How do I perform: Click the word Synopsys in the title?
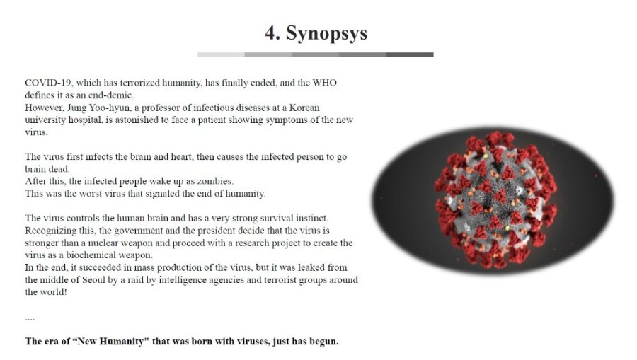pyautogui.click(x=326, y=34)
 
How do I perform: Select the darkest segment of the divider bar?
pyautogui.click(x=410, y=54)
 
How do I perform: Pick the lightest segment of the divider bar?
pyautogui.click(x=221, y=54)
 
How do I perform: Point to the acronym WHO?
pyautogui.click(x=324, y=83)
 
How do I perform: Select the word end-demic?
pyautogui.click(x=111, y=95)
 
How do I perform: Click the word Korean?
pyautogui.click(x=304, y=108)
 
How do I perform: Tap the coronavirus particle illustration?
pyautogui.click(x=496, y=200)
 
